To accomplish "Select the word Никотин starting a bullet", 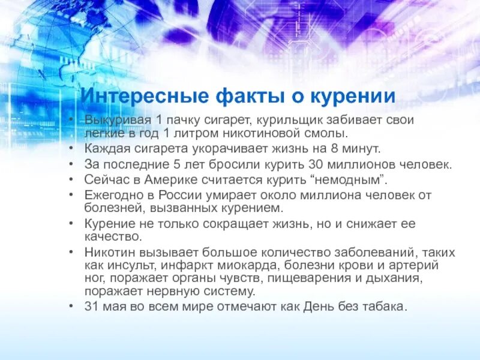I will click(x=107, y=253).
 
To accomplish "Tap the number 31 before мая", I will click(x=91, y=307).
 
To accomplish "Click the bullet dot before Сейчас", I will click(x=71, y=179).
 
